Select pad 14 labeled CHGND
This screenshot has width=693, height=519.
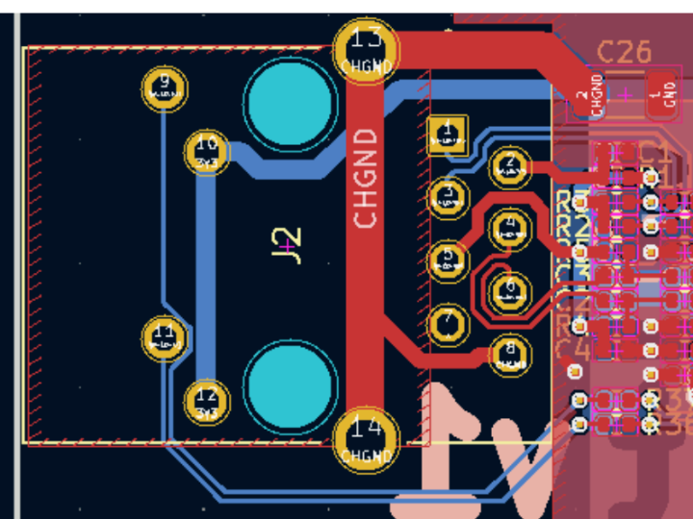coord(366,438)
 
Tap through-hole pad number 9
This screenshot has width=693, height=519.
coord(164,89)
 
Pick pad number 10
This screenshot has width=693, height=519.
coord(206,151)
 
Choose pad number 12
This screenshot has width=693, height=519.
coord(206,400)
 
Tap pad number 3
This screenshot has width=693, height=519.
coord(447,197)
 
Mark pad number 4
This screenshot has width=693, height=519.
coord(509,229)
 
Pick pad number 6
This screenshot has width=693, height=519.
coord(509,290)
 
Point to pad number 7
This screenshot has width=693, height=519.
coord(447,324)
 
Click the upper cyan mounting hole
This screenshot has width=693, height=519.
coord(288,100)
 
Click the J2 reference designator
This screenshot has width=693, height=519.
coord(288,244)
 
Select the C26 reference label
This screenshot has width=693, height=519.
coord(624,51)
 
